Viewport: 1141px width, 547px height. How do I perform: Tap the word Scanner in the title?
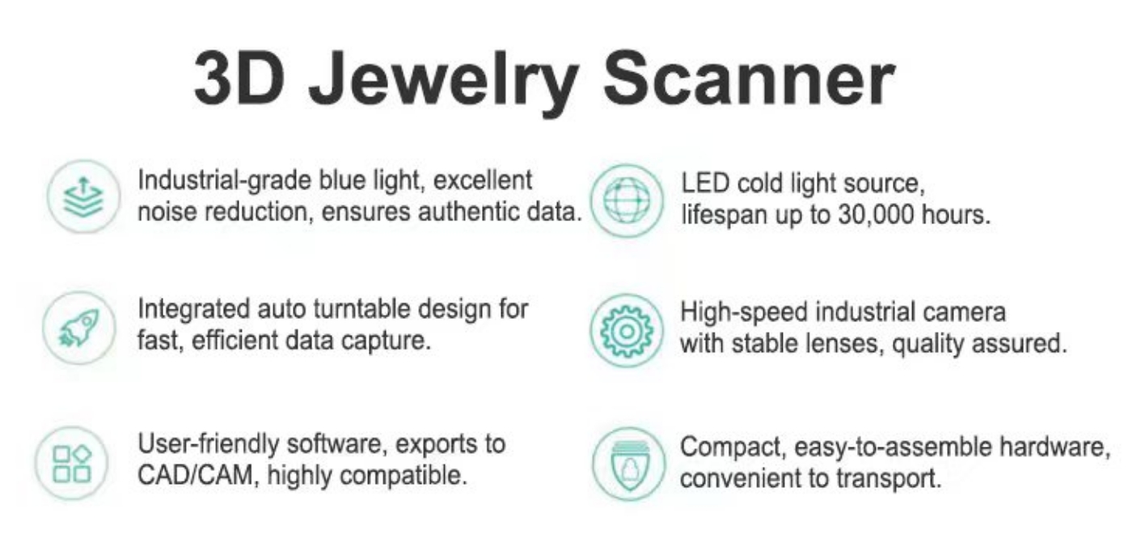(748, 78)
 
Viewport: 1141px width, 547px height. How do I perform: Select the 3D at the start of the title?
(239, 78)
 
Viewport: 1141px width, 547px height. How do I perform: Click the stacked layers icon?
(83, 197)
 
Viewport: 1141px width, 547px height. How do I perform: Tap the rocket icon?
(79, 328)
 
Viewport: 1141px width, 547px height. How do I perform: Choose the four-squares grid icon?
(72, 463)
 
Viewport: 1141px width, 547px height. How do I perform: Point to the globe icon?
(627, 201)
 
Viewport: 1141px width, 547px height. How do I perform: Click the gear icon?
(627, 331)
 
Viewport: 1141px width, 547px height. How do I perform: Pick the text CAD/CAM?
(195, 476)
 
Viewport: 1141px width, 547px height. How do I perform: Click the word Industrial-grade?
(225, 181)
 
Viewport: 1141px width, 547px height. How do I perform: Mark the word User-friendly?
(209, 444)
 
